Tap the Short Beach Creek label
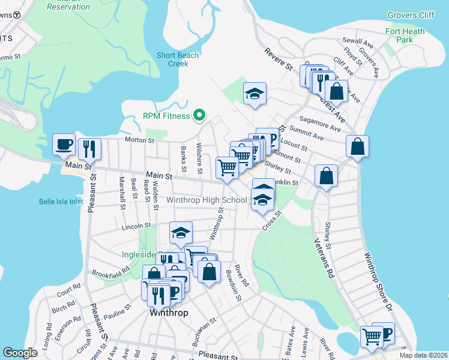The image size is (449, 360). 178,59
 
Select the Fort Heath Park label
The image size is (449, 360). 405,35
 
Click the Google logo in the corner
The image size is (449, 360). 20,353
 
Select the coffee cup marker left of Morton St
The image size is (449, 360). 64,144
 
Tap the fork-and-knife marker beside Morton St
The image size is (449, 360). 90,148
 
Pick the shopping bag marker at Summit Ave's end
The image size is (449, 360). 357,146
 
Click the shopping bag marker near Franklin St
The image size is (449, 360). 326,176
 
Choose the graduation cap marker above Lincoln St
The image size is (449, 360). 181,233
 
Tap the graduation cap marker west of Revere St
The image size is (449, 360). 255,93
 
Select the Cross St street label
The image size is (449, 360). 271,220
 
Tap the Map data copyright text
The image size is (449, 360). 423,355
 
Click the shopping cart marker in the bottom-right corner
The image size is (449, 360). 372,336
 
